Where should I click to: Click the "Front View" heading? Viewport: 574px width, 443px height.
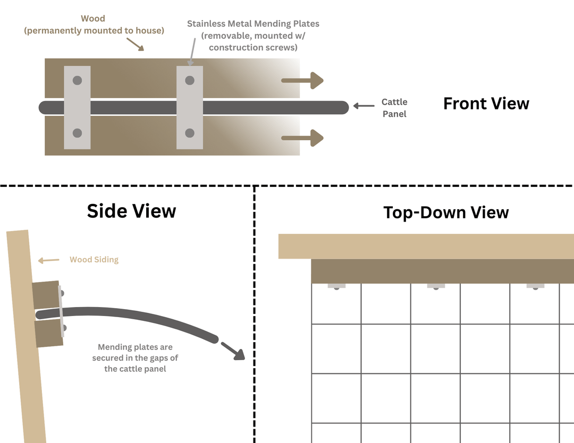(x=486, y=104)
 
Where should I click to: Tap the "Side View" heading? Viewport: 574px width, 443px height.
(x=131, y=211)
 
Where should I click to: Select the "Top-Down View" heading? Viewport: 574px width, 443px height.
(x=446, y=212)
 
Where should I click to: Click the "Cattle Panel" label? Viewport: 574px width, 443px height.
(x=394, y=108)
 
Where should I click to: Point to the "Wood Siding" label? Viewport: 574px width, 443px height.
(x=94, y=260)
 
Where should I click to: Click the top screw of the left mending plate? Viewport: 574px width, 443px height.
(x=77, y=80)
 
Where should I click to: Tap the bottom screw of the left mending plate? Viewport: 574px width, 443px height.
(x=77, y=133)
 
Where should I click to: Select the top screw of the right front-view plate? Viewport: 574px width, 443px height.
(x=190, y=80)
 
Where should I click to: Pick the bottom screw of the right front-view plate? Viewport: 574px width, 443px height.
(x=190, y=133)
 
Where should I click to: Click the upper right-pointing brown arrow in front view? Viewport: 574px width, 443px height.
(x=302, y=81)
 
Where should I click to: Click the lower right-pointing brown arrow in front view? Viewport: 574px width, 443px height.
(x=302, y=138)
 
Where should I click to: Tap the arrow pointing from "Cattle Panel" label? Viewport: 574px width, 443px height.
(x=364, y=106)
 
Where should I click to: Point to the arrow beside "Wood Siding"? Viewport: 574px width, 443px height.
(x=49, y=260)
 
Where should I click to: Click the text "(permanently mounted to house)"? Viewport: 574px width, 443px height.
(x=94, y=31)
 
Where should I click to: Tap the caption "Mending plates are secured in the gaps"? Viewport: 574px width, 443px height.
(x=135, y=352)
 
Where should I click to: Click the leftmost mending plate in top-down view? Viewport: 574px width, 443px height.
(x=336, y=286)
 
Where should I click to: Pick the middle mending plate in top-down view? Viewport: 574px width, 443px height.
(x=436, y=286)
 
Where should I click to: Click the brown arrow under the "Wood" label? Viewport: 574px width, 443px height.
(x=136, y=44)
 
